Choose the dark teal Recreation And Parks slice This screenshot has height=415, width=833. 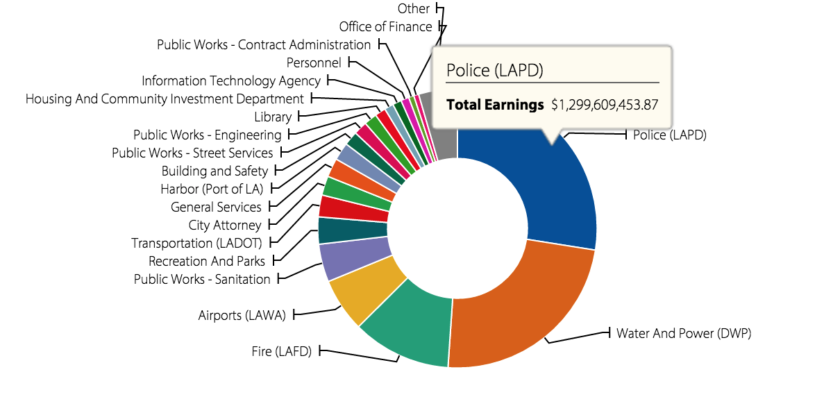[353, 230]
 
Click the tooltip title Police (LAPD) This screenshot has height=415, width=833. [494, 70]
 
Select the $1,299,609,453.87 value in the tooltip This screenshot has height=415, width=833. [604, 105]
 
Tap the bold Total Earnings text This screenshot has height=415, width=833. [495, 105]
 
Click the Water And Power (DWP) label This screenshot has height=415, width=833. [684, 333]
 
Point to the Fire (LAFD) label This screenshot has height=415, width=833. [281, 351]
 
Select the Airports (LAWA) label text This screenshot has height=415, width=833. [242, 315]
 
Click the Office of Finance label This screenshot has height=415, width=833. [385, 27]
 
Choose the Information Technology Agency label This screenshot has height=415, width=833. [231, 81]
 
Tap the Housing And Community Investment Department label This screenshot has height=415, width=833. [165, 99]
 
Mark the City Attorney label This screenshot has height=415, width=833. [225, 225]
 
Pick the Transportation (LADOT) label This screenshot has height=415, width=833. [196, 243]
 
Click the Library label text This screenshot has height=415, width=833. [273, 117]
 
